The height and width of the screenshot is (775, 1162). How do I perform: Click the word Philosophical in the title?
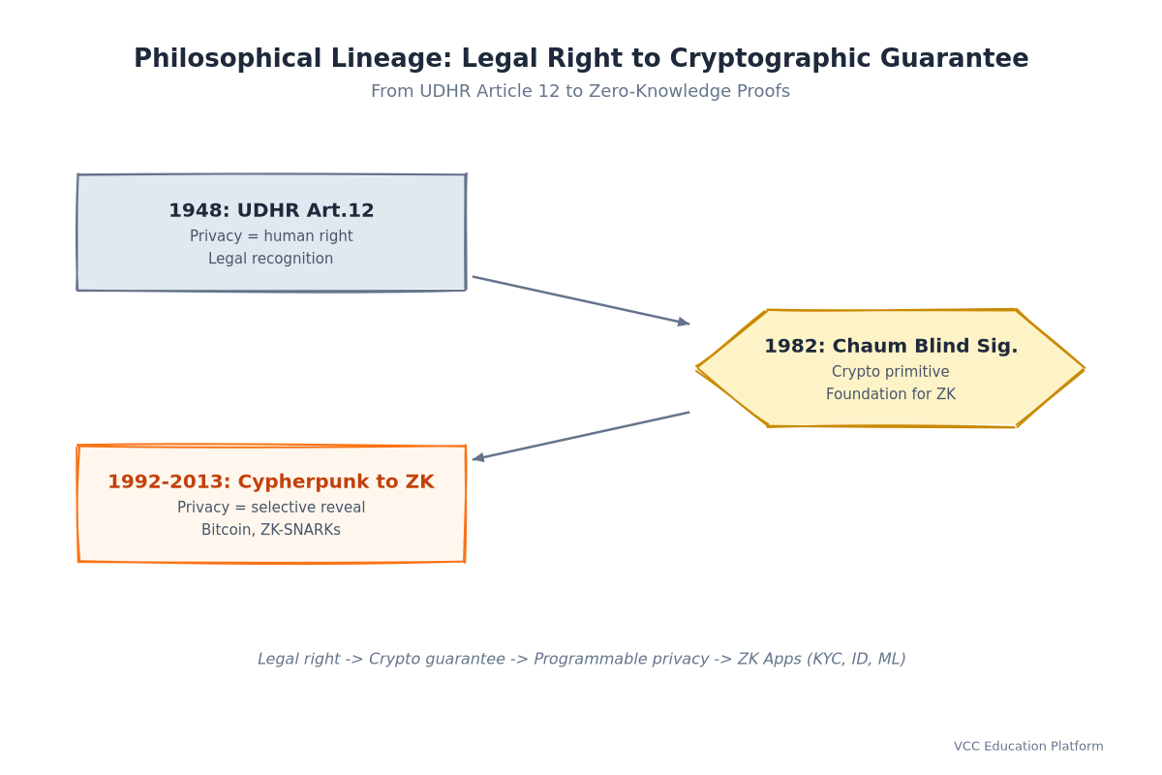(228, 58)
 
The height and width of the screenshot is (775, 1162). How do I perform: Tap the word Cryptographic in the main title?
(770, 58)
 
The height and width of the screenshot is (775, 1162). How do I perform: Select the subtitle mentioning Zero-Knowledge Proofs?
(580, 91)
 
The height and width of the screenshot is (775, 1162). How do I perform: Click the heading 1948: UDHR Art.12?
(271, 210)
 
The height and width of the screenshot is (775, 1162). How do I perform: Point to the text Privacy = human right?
(271, 236)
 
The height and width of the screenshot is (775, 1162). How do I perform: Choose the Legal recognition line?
(271, 259)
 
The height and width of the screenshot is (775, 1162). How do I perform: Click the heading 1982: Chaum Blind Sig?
(891, 346)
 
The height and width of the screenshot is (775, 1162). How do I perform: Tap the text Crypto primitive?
(891, 372)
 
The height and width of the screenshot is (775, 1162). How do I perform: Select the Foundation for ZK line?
(891, 394)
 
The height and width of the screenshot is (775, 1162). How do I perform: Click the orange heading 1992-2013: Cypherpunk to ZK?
(271, 481)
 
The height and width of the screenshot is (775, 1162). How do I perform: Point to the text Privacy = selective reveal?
(271, 508)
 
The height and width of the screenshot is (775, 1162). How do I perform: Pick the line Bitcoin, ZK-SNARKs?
(271, 530)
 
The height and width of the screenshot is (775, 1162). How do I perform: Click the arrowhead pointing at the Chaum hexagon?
(685, 323)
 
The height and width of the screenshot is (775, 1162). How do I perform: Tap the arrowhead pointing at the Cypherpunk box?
(478, 458)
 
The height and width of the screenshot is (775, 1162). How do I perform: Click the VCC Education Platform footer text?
(1028, 747)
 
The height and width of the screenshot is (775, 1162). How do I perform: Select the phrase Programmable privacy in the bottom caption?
(621, 659)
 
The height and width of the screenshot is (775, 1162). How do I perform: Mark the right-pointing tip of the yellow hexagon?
(1085, 368)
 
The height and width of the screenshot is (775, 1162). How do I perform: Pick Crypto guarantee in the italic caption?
(437, 659)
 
